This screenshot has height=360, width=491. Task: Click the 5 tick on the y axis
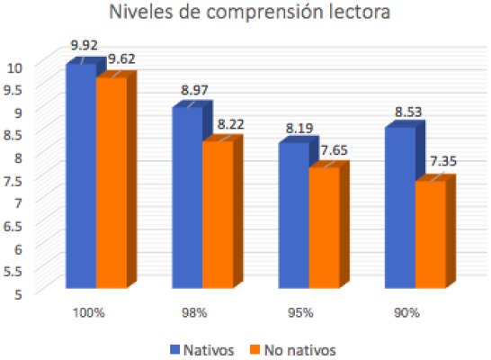point(18,292)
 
